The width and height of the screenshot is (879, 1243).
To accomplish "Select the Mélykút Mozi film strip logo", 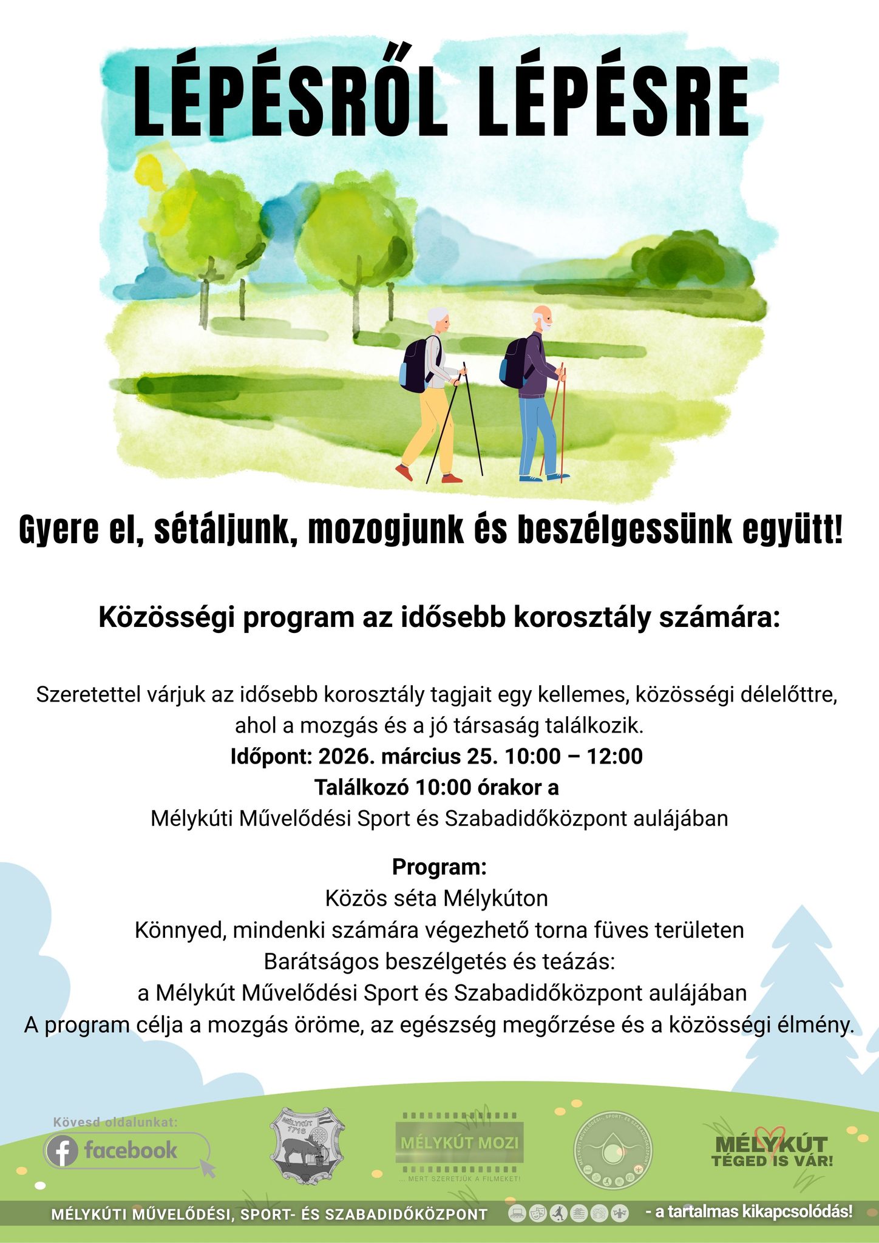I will click(x=459, y=1143).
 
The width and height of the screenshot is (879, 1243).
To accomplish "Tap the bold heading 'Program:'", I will click(x=439, y=867).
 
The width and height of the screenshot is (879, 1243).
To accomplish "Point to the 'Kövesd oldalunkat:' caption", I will click(x=115, y=1122).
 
